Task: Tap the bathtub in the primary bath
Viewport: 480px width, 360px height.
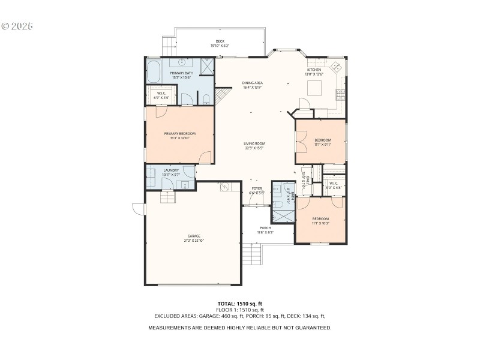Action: (x=154, y=71)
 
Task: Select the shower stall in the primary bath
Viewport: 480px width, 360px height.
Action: (x=207, y=66)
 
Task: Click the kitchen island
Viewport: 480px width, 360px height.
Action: (x=315, y=88)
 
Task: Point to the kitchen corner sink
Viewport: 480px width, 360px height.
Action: (x=337, y=67)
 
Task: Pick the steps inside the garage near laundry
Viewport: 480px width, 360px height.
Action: (x=168, y=197)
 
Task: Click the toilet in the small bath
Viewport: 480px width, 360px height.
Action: (x=278, y=204)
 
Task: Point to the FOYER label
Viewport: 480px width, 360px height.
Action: (x=257, y=190)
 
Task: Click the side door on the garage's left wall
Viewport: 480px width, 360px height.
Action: (x=139, y=209)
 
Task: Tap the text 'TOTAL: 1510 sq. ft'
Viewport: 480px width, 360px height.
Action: (x=240, y=304)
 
